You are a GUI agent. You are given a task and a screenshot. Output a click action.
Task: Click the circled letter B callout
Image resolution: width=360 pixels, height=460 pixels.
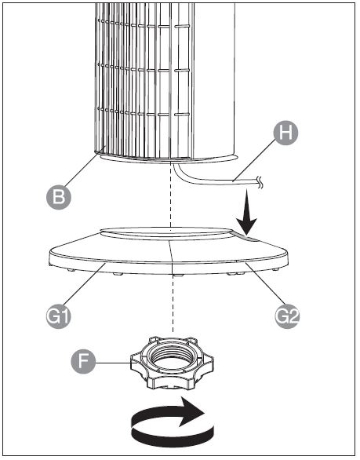[59, 196]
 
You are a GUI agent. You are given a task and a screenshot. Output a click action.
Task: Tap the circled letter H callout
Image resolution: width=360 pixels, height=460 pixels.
[285, 133]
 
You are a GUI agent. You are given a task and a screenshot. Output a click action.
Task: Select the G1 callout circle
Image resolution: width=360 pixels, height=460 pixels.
[59, 316]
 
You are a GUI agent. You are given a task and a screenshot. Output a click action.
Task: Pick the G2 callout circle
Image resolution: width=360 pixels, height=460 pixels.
[287, 316]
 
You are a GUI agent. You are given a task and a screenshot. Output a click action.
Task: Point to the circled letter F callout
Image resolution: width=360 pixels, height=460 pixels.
[84, 361]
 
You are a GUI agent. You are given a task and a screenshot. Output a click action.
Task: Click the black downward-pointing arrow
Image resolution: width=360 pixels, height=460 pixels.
[247, 213]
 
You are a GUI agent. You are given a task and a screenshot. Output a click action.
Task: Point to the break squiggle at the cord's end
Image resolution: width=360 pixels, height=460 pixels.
[260, 182]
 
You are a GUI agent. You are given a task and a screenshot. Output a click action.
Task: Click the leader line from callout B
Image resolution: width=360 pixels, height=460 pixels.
[84, 167]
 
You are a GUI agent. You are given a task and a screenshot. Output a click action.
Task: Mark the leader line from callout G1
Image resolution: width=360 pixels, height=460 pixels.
[84, 285]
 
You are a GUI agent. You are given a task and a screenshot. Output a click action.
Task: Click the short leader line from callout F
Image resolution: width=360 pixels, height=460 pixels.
[114, 363]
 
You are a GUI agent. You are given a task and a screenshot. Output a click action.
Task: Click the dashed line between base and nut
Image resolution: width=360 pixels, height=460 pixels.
[173, 304]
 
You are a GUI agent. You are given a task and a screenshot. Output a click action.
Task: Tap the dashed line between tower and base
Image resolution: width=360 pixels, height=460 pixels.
[171, 196]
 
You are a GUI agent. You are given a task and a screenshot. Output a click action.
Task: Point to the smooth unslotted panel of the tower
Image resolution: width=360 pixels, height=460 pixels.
[214, 79]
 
